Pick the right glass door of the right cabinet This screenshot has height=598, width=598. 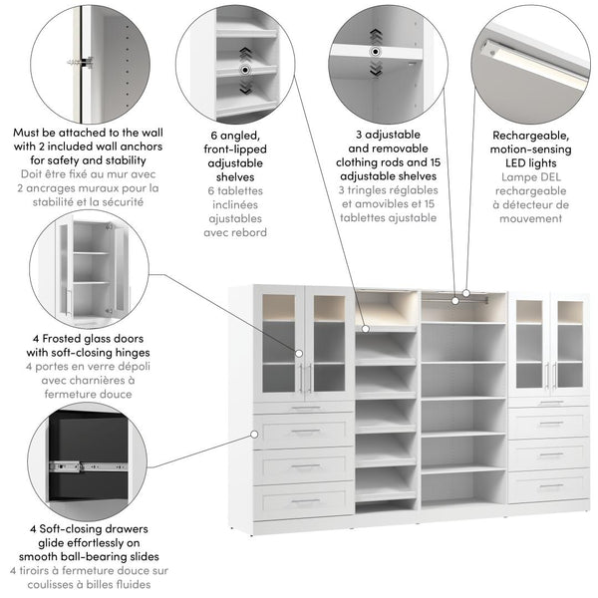tap(569, 344)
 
